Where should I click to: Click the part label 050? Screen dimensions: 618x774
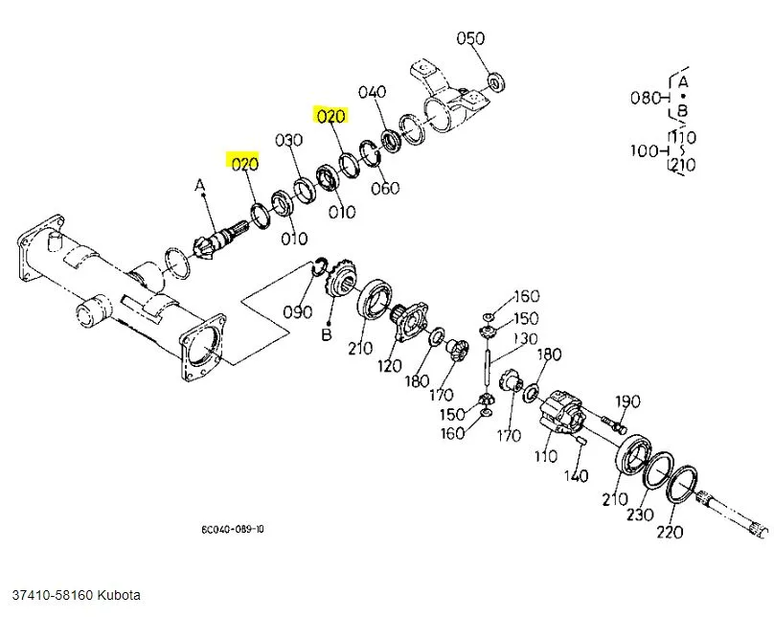[x=470, y=39]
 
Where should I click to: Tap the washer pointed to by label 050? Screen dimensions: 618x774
[x=496, y=80]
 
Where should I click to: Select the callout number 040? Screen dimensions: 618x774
[x=372, y=92]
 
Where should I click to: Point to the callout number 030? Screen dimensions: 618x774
[x=288, y=141]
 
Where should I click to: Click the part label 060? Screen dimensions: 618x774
[x=384, y=188]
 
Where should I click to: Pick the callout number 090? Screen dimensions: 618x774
[x=298, y=311]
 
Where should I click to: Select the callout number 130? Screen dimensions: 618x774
[x=526, y=338]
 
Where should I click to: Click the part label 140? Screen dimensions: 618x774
[x=576, y=475]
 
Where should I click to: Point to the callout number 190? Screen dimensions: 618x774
[x=627, y=401]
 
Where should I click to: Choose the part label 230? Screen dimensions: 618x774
[x=639, y=514]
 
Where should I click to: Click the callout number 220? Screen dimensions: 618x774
[x=670, y=532]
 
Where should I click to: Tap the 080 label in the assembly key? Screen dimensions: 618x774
[x=644, y=97]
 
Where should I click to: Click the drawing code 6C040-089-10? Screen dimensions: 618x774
[x=234, y=529]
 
